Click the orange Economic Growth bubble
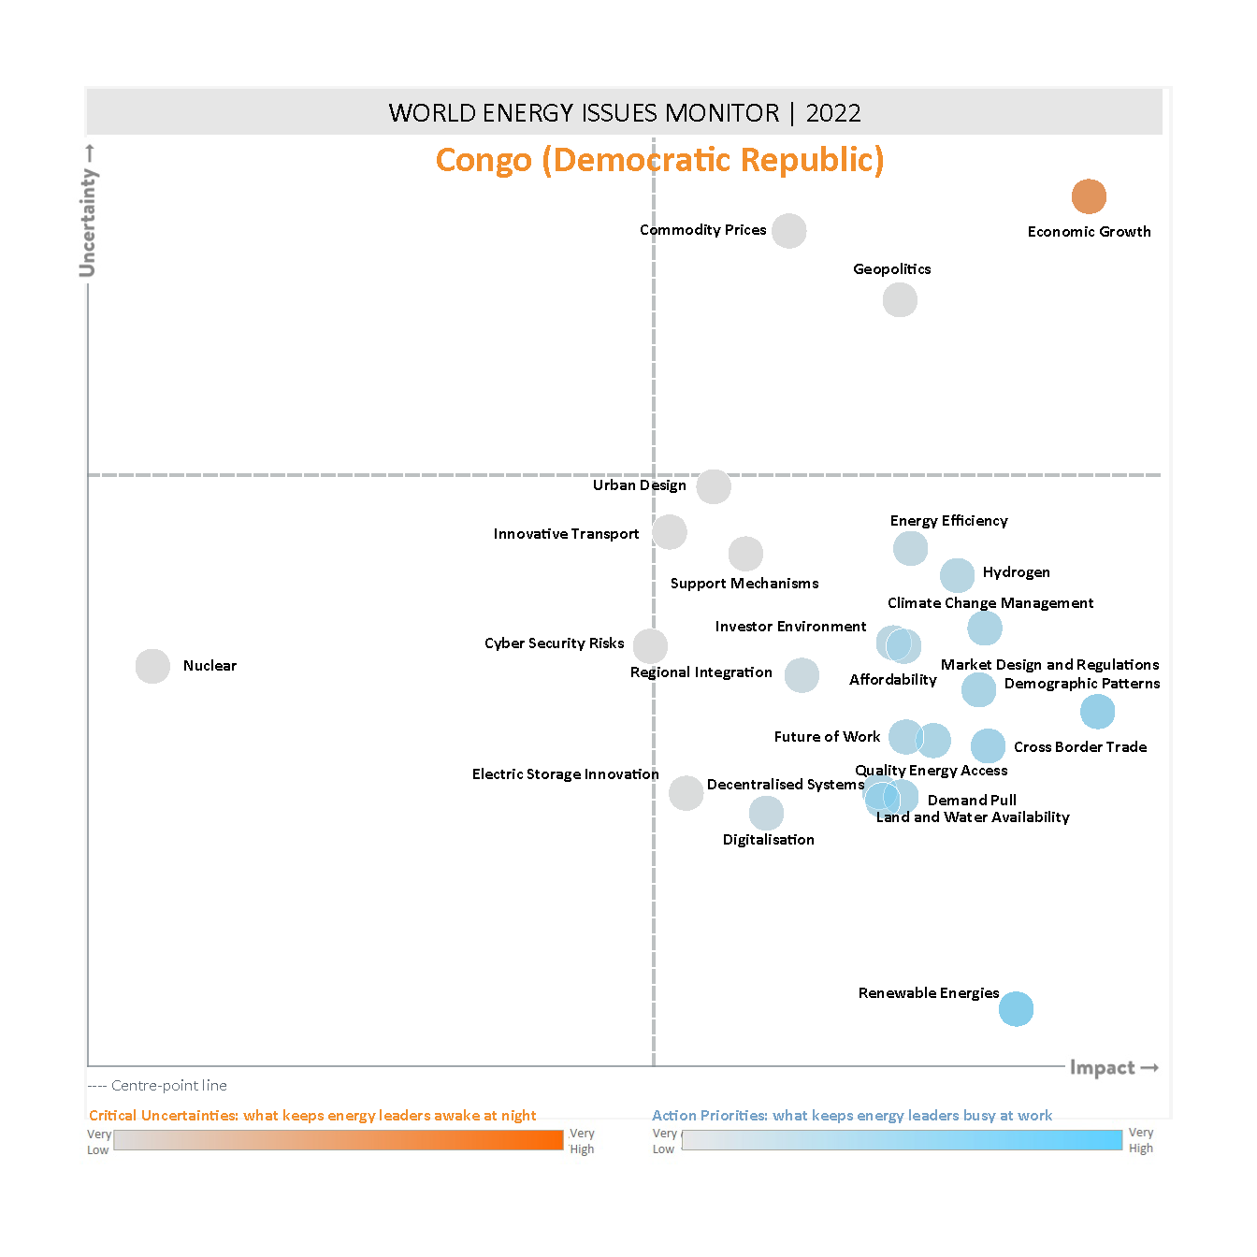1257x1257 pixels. click(1089, 196)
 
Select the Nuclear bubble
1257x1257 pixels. click(152, 666)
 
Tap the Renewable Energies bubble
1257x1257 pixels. click(1016, 1009)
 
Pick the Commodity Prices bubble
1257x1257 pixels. click(788, 231)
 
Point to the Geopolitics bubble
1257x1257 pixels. click(900, 300)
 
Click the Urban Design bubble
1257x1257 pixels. click(714, 486)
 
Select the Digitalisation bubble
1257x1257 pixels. click(766, 813)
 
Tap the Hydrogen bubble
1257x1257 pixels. click(957, 575)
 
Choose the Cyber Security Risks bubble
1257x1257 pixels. click(650, 645)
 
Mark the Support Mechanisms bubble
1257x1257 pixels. click(745, 554)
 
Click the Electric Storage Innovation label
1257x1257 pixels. click(565, 774)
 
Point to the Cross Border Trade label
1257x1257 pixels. click(1080, 747)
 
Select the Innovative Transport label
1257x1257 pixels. click(566, 534)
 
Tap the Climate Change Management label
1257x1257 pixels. click(990, 603)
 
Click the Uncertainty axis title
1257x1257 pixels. click(88, 222)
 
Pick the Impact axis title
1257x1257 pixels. click(1103, 1068)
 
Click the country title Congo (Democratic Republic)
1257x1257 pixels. click(659, 160)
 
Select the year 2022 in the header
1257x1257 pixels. click(833, 113)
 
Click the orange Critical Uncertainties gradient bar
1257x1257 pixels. click(339, 1140)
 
